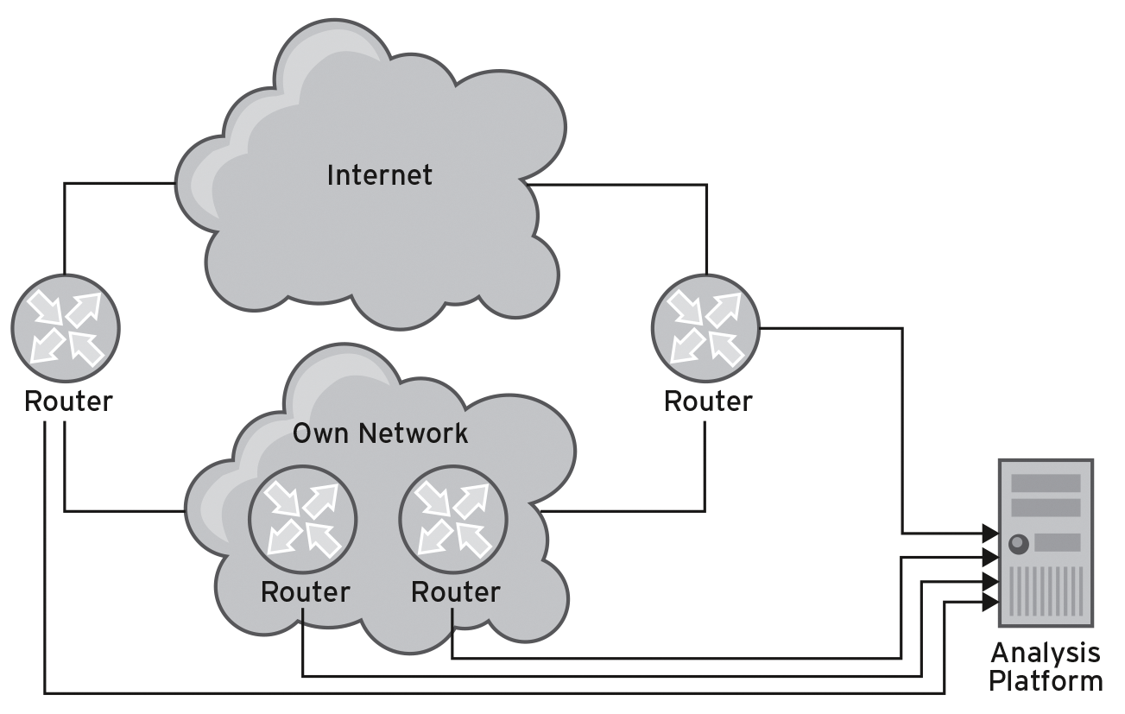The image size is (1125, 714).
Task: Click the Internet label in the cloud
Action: (379, 175)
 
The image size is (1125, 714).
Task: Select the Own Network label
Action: (380, 433)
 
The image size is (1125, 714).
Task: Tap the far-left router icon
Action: (66, 328)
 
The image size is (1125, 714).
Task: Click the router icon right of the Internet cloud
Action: (706, 328)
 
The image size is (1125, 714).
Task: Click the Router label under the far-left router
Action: (68, 401)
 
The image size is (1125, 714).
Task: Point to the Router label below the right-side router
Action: (708, 401)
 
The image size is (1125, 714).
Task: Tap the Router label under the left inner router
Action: (305, 592)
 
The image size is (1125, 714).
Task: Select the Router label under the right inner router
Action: (455, 592)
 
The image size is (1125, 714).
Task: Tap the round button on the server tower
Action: (1018, 543)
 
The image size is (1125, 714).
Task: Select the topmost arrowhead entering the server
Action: (990, 533)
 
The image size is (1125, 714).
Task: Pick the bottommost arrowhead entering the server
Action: (990, 602)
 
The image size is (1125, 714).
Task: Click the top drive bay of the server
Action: (1045, 483)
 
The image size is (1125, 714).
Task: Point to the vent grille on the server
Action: (1045, 591)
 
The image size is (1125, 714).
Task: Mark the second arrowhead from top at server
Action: (990, 557)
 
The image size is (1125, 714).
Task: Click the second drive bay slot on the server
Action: (1045, 507)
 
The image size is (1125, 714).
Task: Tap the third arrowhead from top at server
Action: (990, 580)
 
